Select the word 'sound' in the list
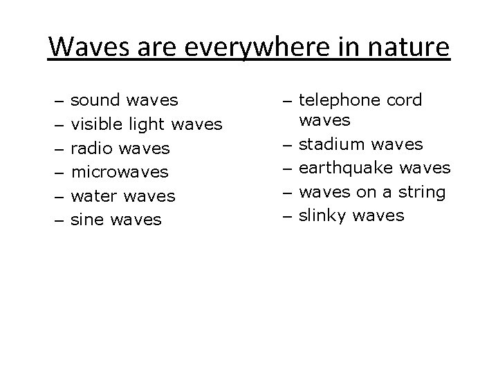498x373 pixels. pos(95,100)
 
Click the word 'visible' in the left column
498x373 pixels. pos(98,124)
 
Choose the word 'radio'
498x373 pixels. pos(91,149)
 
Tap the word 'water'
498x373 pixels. pos(94,196)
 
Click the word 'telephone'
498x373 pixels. pos(338,101)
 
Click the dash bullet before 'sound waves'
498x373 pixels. pos(57,102)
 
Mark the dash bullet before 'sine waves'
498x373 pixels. pos(57,220)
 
